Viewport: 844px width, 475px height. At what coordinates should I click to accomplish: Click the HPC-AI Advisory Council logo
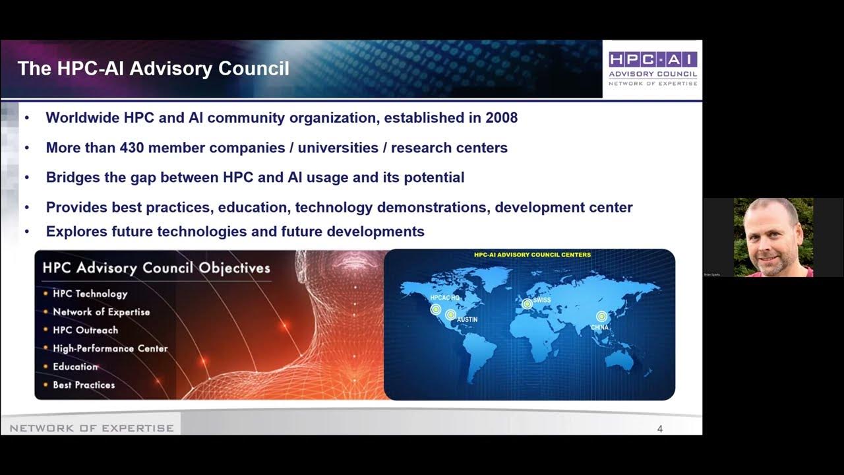[x=652, y=69]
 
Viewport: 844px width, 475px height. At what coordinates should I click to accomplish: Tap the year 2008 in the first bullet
[x=501, y=118]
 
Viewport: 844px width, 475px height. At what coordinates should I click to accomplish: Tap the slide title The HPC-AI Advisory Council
[x=153, y=69]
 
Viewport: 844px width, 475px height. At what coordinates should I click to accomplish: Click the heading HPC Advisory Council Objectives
[x=156, y=268]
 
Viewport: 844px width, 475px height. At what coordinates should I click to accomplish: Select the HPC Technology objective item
[x=90, y=294]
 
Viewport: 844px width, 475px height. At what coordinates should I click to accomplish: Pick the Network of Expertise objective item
[x=101, y=312]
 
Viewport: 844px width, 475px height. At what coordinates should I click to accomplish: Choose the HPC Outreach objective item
[x=85, y=330]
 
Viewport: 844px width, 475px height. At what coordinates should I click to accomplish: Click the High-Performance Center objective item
[x=110, y=348]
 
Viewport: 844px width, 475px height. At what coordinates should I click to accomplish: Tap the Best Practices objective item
[x=84, y=385]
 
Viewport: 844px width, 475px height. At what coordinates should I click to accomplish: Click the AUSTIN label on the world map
[x=467, y=319]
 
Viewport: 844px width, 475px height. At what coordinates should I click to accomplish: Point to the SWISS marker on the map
[x=527, y=303]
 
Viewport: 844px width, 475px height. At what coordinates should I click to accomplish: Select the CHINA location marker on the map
[x=601, y=317]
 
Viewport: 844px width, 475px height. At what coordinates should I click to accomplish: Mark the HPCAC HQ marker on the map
[x=436, y=309]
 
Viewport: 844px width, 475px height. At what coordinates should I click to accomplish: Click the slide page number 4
[x=660, y=429]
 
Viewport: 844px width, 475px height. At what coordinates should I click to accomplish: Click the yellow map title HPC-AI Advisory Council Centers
[x=532, y=255]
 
